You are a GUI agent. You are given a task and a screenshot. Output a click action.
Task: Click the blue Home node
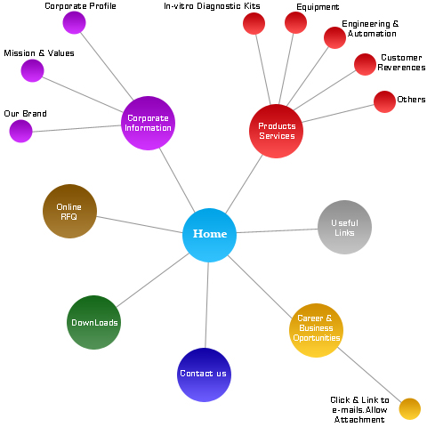point(209,235)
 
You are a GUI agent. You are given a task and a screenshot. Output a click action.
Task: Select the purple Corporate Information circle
point(148,123)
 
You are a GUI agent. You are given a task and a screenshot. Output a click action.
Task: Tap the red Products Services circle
point(276,131)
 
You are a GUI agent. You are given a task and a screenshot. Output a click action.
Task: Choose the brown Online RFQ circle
point(70,211)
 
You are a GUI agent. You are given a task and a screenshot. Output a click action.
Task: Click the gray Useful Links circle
point(344,227)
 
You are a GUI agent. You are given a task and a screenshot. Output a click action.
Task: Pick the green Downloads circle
point(94,322)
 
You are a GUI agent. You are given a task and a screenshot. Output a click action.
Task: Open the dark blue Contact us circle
point(204,375)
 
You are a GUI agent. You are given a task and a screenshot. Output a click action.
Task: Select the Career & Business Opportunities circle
point(316,330)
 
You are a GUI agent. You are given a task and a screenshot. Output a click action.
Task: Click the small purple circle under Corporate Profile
point(74,22)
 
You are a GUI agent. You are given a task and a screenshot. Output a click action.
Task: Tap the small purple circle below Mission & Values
point(32,70)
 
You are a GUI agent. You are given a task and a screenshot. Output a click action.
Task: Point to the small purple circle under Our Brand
point(20,131)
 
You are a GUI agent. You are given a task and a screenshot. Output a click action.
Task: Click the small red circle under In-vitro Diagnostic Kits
point(254,23)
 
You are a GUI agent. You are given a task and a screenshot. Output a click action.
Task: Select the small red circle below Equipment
point(295,22)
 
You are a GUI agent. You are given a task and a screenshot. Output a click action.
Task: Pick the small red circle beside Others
point(384,101)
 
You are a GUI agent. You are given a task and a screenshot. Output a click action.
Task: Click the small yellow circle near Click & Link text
point(410,409)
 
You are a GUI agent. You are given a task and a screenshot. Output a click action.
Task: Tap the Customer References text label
point(401,62)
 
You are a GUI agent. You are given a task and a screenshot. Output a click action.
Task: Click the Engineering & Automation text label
point(371,28)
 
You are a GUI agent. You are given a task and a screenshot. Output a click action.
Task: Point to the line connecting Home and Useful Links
point(277,231)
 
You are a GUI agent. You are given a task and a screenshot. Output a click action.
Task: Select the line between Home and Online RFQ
point(140,225)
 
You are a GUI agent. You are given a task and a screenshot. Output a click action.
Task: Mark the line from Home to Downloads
point(152,280)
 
